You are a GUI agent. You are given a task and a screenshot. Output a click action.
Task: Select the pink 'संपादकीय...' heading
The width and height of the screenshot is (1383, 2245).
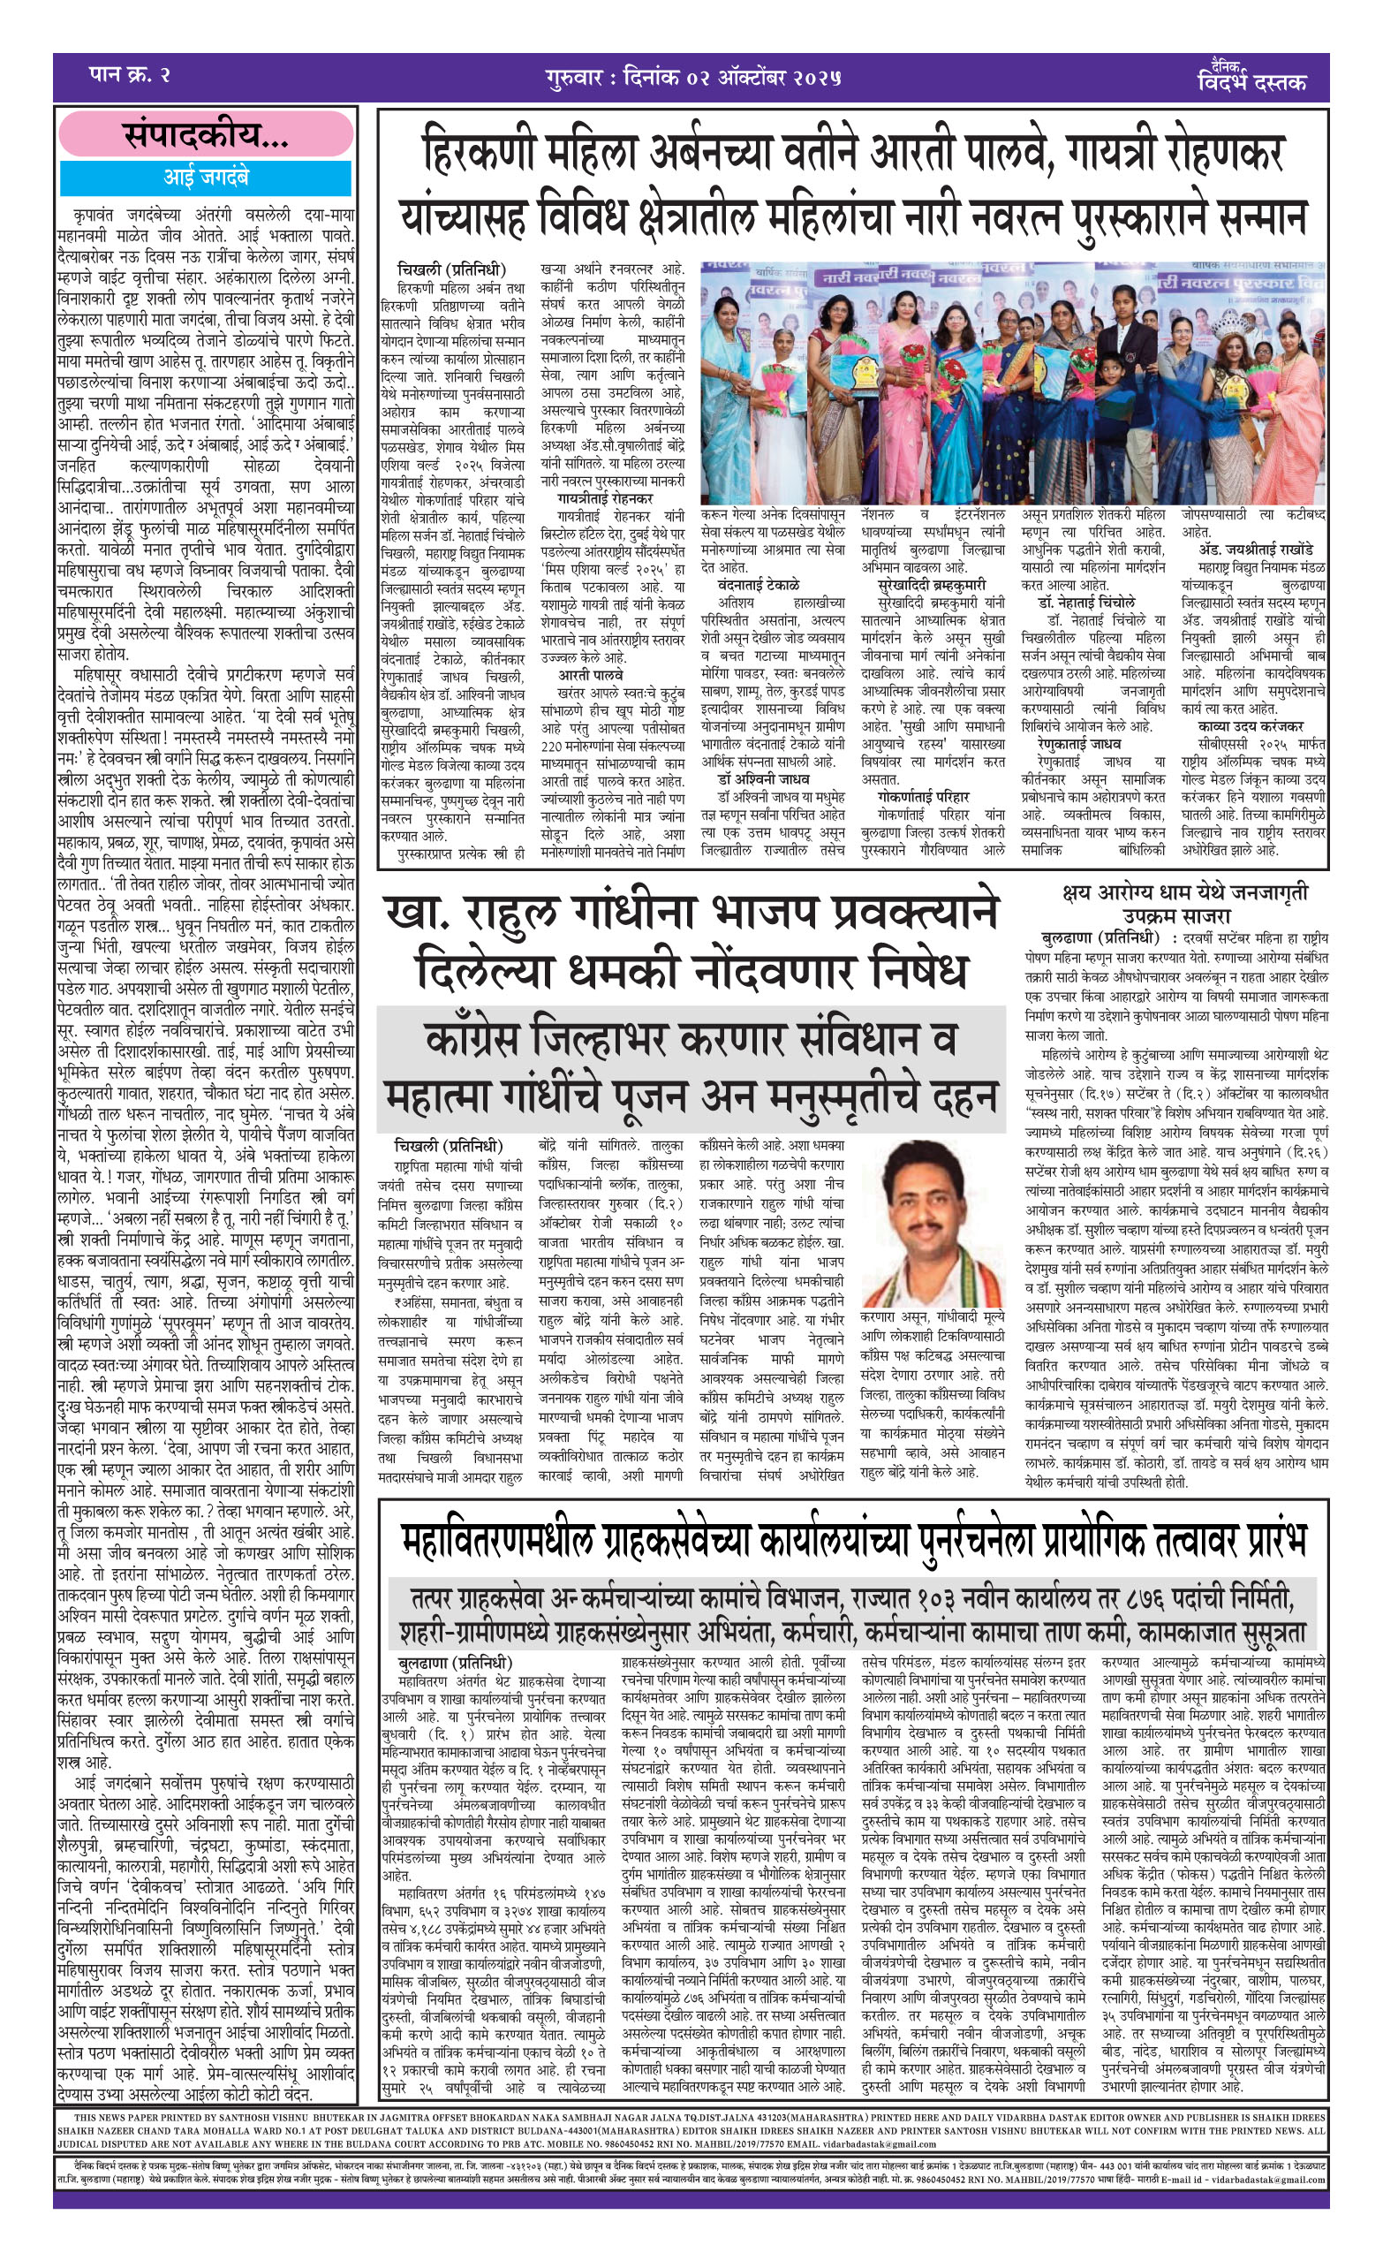click(x=206, y=136)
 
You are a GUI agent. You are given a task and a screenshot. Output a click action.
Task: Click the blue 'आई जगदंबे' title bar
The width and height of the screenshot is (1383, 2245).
click(x=206, y=177)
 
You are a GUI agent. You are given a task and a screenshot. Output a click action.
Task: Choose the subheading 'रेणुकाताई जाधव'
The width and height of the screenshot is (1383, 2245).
click(x=1079, y=744)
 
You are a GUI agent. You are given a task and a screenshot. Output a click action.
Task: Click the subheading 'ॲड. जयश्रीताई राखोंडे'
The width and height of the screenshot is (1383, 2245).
click(x=1255, y=550)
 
